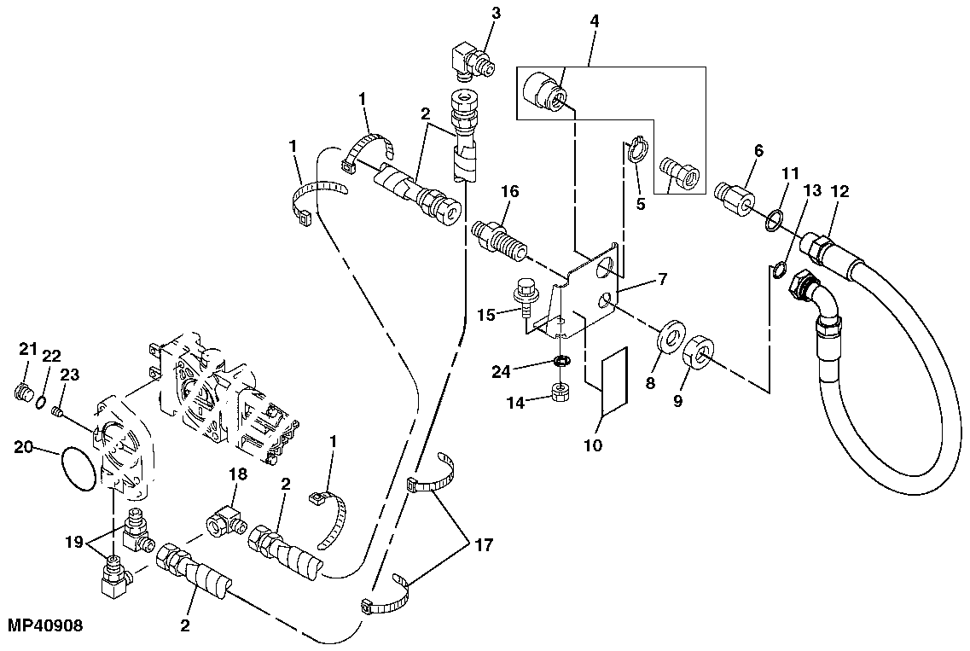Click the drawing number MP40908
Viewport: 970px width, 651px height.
pos(44,625)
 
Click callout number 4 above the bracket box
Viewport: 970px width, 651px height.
pos(594,20)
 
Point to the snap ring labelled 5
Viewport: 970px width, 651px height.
pos(636,152)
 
